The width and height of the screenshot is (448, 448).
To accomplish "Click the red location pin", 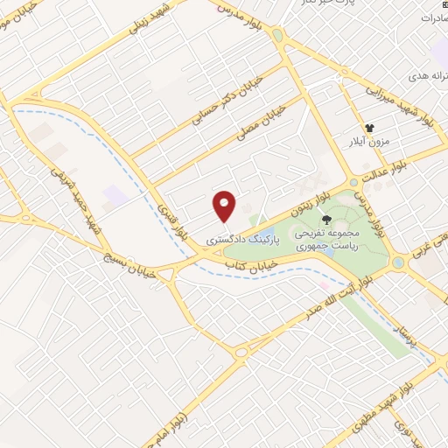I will pyautogui.click(x=225, y=206).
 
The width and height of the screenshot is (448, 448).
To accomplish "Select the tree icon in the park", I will pyautogui.click(x=327, y=219).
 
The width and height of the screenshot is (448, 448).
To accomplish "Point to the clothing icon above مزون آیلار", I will pyautogui.click(x=370, y=128).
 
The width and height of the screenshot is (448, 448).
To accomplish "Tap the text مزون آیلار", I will pyautogui.click(x=369, y=143).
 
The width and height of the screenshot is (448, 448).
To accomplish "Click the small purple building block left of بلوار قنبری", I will pyautogui.click(x=114, y=194).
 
